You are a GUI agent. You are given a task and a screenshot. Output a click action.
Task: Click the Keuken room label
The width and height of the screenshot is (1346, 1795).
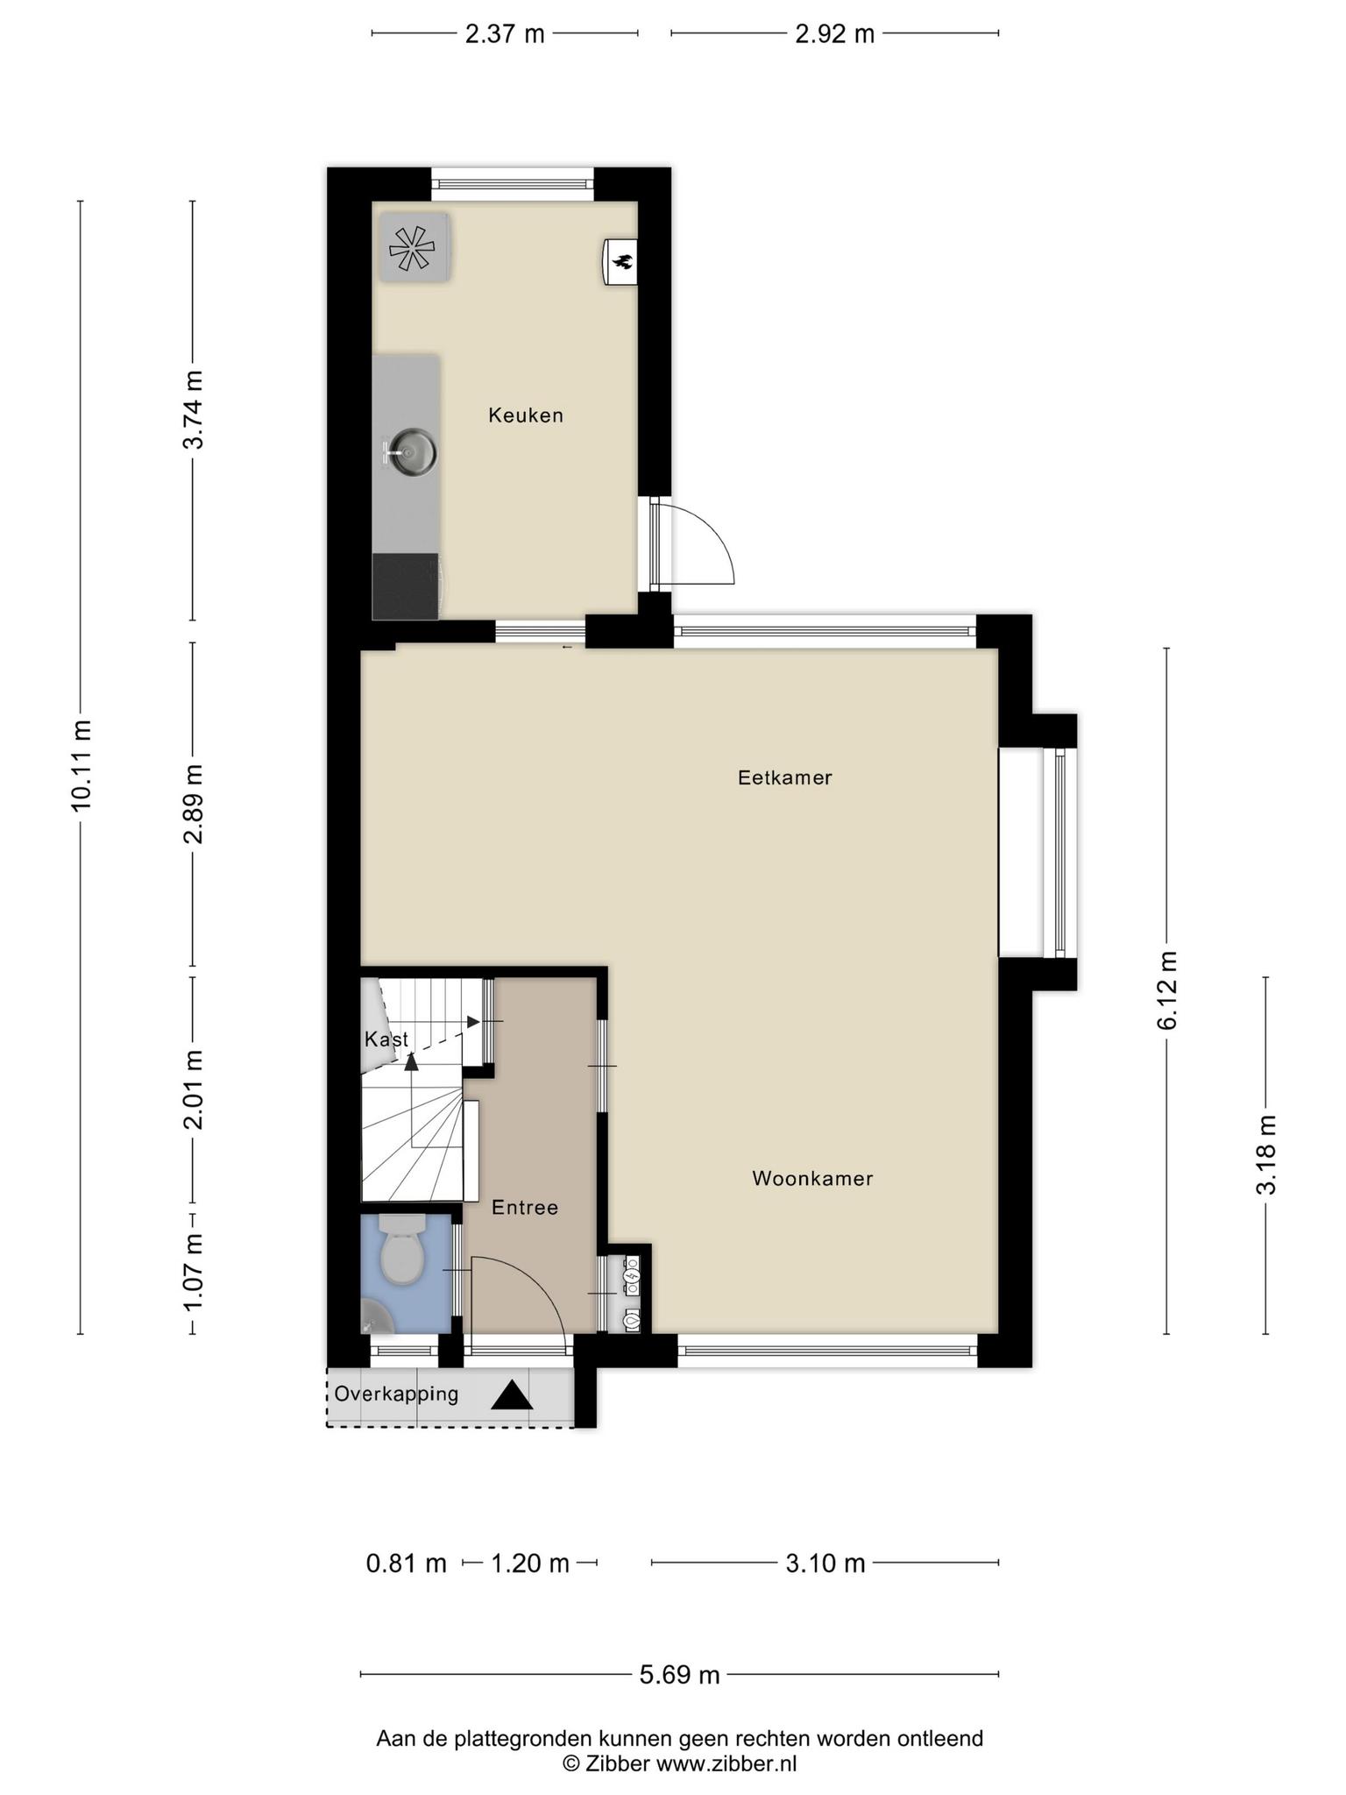click(x=526, y=415)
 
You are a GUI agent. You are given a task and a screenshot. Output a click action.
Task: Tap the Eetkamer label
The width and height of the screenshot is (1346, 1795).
click(x=784, y=777)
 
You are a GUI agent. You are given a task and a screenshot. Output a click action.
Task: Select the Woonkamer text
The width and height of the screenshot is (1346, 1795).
click(x=812, y=1179)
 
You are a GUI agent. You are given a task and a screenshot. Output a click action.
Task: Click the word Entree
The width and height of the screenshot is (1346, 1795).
click(x=525, y=1208)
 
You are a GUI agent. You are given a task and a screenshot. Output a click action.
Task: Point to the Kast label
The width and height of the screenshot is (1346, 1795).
click(x=386, y=1039)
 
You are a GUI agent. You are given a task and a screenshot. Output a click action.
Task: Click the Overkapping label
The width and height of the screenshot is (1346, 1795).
click(x=396, y=1394)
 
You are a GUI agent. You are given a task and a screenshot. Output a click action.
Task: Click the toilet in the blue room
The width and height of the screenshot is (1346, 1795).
click(x=402, y=1249)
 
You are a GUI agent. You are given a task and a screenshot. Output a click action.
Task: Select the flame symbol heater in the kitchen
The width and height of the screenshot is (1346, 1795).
click(x=620, y=261)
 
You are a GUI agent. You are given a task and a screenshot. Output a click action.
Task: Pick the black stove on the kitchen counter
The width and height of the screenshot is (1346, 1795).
click(x=407, y=586)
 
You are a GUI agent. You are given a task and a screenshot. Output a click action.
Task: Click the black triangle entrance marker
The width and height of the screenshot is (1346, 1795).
click(x=512, y=1395)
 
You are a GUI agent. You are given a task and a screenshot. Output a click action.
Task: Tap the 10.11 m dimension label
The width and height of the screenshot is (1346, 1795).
click(x=81, y=765)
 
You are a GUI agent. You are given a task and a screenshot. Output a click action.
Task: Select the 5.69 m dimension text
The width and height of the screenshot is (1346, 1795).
click(x=679, y=1675)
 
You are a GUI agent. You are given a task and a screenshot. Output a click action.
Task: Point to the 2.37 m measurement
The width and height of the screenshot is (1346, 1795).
click(x=505, y=34)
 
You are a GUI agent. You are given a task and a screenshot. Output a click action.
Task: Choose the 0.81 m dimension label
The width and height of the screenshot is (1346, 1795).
click(x=407, y=1563)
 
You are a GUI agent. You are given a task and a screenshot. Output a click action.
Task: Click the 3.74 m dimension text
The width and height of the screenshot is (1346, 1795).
click(x=193, y=409)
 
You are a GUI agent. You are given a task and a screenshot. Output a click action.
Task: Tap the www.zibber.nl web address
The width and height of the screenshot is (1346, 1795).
click(x=726, y=1763)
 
